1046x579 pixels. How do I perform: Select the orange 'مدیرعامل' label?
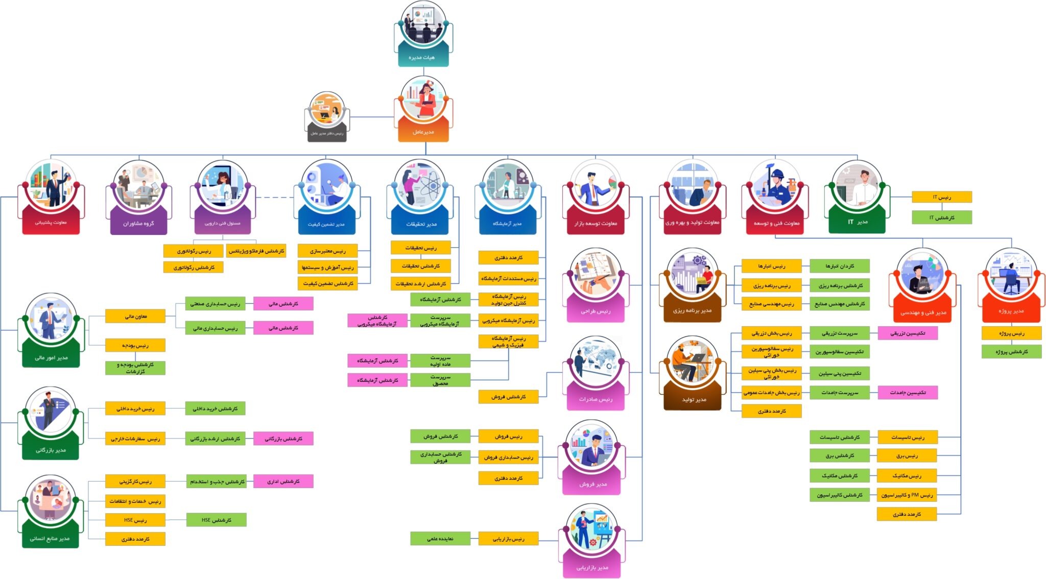click(x=423, y=132)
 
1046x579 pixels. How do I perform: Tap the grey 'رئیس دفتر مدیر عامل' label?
click(x=327, y=133)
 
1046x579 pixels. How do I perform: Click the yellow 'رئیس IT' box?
click(x=942, y=197)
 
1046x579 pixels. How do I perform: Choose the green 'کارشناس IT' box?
click(x=942, y=218)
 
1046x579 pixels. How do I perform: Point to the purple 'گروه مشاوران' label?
click(x=138, y=224)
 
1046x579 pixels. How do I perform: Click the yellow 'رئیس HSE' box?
click(x=135, y=520)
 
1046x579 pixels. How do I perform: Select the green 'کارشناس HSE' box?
click(x=217, y=520)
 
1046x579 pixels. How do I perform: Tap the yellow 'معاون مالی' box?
click(x=135, y=317)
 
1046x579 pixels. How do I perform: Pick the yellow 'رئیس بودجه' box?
click(x=135, y=346)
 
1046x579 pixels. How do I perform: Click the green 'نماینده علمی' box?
click(x=440, y=539)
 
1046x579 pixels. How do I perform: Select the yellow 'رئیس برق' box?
click(x=907, y=456)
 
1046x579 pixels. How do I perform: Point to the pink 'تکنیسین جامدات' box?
click(x=908, y=393)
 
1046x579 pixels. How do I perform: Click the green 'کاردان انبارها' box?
click(x=840, y=266)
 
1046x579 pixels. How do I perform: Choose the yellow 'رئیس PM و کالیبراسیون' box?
click(x=907, y=495)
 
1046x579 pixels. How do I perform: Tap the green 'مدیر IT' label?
click(x=857, y=222)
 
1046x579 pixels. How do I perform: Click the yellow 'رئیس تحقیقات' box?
click(x=421, y=248)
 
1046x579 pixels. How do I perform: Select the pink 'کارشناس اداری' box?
click(x=283, y=481)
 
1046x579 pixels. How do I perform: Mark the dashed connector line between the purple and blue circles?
click(x=274, y=197)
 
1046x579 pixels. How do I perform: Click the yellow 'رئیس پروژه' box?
click(x=1011, y=333)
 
